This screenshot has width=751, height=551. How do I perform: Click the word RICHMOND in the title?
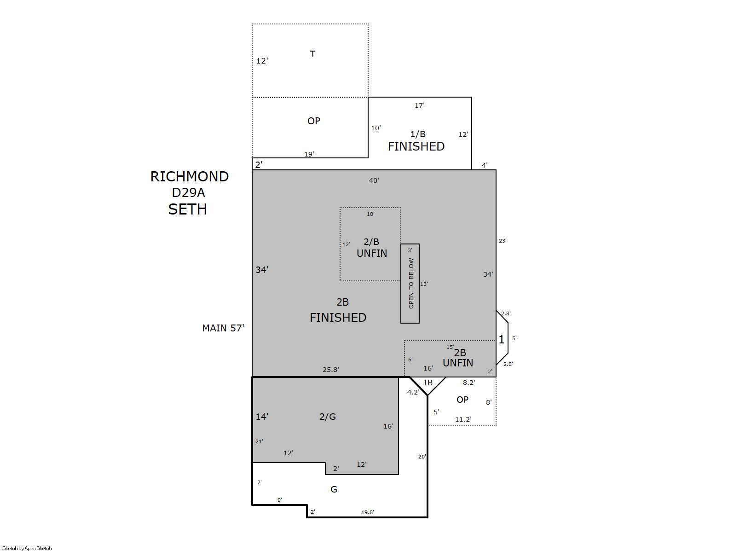190,177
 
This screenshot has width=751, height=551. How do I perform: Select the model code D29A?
188,193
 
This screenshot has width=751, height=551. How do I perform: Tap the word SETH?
187,209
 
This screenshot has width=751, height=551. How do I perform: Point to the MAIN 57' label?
223,328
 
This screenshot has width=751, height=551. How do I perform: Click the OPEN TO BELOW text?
411,284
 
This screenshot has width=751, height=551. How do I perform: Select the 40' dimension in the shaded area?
374,180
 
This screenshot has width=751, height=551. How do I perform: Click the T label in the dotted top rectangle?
312,54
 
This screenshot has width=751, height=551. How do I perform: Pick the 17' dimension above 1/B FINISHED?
419,105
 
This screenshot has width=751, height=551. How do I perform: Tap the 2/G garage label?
328,417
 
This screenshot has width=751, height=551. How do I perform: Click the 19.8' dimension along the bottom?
368,512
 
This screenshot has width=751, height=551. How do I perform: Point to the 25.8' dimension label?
330,370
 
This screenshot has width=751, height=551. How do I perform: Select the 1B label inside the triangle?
427,383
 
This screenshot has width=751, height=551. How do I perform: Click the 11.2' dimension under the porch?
463,419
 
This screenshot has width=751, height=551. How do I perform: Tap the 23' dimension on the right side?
502,240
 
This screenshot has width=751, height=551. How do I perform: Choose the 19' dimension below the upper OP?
309,154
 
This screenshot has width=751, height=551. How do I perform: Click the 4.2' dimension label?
413,392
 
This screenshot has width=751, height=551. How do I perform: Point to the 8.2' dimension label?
469,383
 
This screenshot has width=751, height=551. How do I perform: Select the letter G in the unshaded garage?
334,490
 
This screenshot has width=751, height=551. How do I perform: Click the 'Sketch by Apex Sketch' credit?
27,548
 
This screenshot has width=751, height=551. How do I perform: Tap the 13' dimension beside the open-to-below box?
424,284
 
